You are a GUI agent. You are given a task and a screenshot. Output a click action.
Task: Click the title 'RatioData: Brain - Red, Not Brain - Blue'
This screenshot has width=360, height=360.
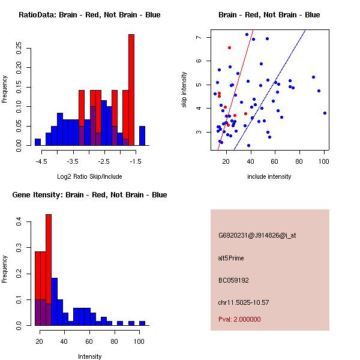[x=89, y=15]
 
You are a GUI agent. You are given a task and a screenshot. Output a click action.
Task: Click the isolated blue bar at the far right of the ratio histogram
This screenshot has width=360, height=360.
[x=142, y=136]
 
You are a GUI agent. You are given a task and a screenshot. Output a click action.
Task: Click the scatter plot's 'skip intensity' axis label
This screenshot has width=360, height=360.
[x=184, y=90]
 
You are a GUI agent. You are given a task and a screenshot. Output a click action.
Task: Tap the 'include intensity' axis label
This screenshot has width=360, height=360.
[x=269, y=176]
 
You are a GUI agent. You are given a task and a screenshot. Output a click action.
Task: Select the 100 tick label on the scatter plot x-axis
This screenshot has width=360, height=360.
[x=324, y=161]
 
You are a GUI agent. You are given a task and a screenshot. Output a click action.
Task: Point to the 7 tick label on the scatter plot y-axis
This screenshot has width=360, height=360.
[x=198, y=37]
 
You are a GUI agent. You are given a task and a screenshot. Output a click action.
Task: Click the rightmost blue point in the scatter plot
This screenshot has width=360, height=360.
[x=325, y=113]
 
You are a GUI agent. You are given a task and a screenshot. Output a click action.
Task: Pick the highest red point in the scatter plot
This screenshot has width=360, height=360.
[x=229, y=47]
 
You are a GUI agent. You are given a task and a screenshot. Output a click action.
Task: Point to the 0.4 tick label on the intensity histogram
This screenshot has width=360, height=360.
[x=19, y=222]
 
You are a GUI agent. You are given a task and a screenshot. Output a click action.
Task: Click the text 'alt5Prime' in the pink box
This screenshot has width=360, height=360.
[x=232, y=258]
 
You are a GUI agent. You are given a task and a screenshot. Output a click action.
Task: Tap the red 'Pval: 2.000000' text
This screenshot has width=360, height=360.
[x=239, y=319]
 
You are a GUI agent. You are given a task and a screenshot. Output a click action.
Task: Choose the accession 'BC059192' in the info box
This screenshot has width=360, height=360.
[x=234, y=280]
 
